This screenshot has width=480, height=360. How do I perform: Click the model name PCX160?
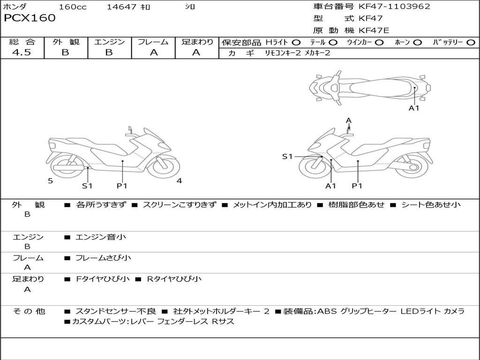tap(30, 18)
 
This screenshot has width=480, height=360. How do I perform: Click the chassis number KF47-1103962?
tap(394, 6)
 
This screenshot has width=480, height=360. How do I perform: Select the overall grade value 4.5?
tap(22, 52)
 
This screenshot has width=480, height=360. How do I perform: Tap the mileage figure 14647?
tap(122, 7)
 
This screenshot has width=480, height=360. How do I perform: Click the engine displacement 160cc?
tap(73, 7)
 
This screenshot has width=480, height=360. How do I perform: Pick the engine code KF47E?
tap(375, 31)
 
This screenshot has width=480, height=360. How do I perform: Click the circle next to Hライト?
tap(296, 42)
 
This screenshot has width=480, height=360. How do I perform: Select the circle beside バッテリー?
tap(471, 42)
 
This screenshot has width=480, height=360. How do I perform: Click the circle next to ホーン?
tap(418, 42)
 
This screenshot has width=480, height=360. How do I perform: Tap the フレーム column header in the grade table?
tap(153, 42)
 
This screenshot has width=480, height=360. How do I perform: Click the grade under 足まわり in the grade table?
tap(196, 52)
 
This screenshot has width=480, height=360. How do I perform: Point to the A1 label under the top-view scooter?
tap(414, 108)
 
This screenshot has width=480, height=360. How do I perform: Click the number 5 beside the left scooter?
tap(50, 181)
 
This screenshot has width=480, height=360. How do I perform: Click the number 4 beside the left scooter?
tap(179, 181)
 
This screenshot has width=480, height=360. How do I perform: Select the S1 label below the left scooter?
tap(87, 186)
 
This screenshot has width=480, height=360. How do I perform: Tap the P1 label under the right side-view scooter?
tap(357, 186)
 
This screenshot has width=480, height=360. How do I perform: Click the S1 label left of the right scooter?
tap(287, 157)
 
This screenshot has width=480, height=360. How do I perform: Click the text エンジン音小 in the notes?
tap(101, 237)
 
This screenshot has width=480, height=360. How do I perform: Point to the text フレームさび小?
tap(103, 258)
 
